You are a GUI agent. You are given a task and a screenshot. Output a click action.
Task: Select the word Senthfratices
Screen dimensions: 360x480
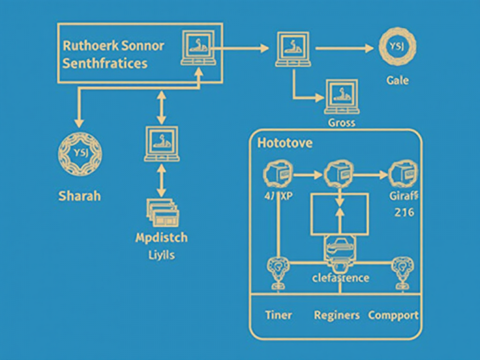[x=105, y=64]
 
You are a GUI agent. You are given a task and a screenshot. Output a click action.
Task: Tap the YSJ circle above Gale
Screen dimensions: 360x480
[x=397, y=47]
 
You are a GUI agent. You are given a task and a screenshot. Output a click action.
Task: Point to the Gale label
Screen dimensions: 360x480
[x=397, y=81]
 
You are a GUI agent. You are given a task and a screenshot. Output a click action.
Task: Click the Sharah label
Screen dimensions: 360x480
[x=79, y=196]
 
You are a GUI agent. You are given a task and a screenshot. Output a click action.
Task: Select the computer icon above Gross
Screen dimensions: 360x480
[x=341, y=95]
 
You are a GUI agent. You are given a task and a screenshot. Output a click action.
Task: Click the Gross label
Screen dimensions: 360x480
[x=341, y=122]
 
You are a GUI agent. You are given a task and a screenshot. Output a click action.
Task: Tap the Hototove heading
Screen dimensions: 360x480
[x=285, y=143]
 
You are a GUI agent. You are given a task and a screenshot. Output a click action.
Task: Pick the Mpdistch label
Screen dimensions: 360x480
[x=161, y=238]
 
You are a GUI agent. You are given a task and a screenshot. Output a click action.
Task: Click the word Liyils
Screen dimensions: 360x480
[x=161, y=255]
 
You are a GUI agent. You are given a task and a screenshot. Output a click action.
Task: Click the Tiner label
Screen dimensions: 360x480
[x=278, y=315]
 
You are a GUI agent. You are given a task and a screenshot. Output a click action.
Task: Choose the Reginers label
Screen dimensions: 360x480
[x=337, y=315]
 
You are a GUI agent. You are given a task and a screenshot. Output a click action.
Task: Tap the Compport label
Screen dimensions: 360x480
[x=394, y=315]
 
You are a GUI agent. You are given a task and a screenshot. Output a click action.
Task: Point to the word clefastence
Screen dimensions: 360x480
[x=341, y=277]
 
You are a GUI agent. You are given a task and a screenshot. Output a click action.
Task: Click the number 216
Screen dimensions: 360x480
[x=404, y=212]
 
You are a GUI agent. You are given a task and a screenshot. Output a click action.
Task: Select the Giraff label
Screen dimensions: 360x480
[x=403, y=196]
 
